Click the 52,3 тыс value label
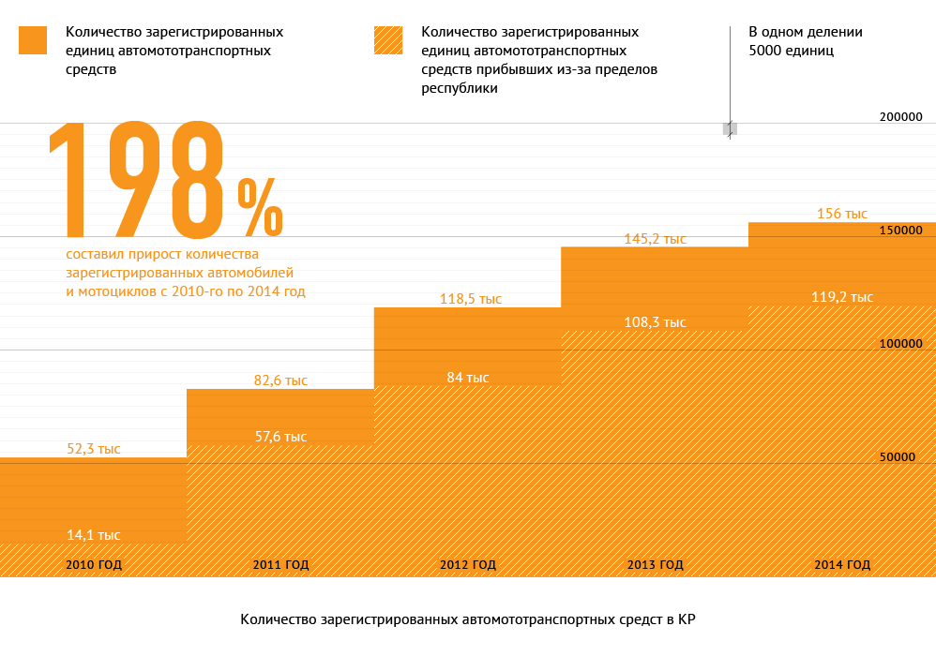[x=93, y=449]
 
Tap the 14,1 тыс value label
[x=93, y=535]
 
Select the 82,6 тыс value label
[x=280, y=380]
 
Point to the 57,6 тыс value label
[x=280, y=437]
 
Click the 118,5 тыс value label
[x=471, y=299]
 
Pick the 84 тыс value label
[x=468, y=378]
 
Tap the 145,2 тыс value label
[x=656, y=239]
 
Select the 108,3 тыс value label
[x=656, y=322]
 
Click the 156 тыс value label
[x=842, y=214]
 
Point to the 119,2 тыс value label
[x=842, y=297]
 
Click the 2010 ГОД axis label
[x=94, y=565]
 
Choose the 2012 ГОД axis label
[x=468, y=565]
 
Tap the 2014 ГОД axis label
[x=842, y=565]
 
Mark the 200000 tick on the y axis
[x=901, y=117]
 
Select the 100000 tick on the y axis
[x=901, y=344]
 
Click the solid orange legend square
[x=33, y=40]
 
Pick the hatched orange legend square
[x=388, y=40]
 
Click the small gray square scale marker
[x=730, y=128]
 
